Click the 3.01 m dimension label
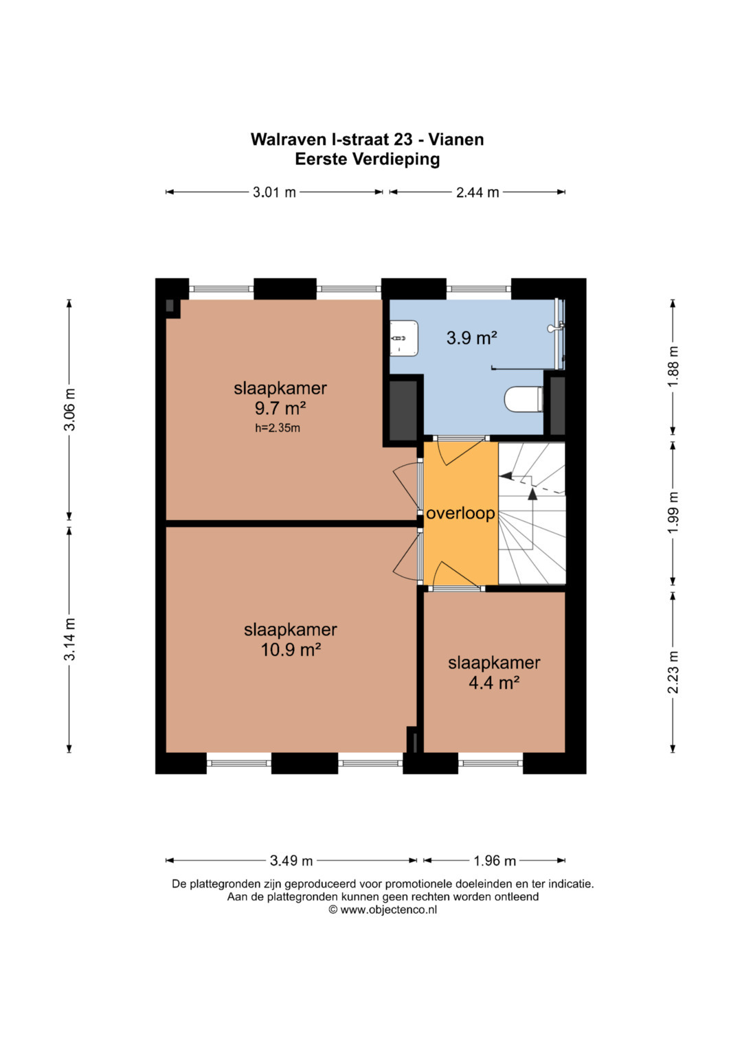(274, 192)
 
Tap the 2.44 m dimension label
(477, 192)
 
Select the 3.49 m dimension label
(291, 861)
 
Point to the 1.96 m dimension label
(494, 861)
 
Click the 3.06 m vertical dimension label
(70, 409)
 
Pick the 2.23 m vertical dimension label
(673, 672)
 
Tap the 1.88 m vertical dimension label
(673, 367)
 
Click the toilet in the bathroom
(524, 399)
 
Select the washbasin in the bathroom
(404, 338)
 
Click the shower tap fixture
(556, 328)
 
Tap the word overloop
(460, 514)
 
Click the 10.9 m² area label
(291, 651)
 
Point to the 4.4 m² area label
(494, 684)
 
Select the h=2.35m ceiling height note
(278, 427)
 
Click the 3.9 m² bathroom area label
(472, 338)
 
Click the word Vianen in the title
(457, 139)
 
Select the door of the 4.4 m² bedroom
(457, 576)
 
